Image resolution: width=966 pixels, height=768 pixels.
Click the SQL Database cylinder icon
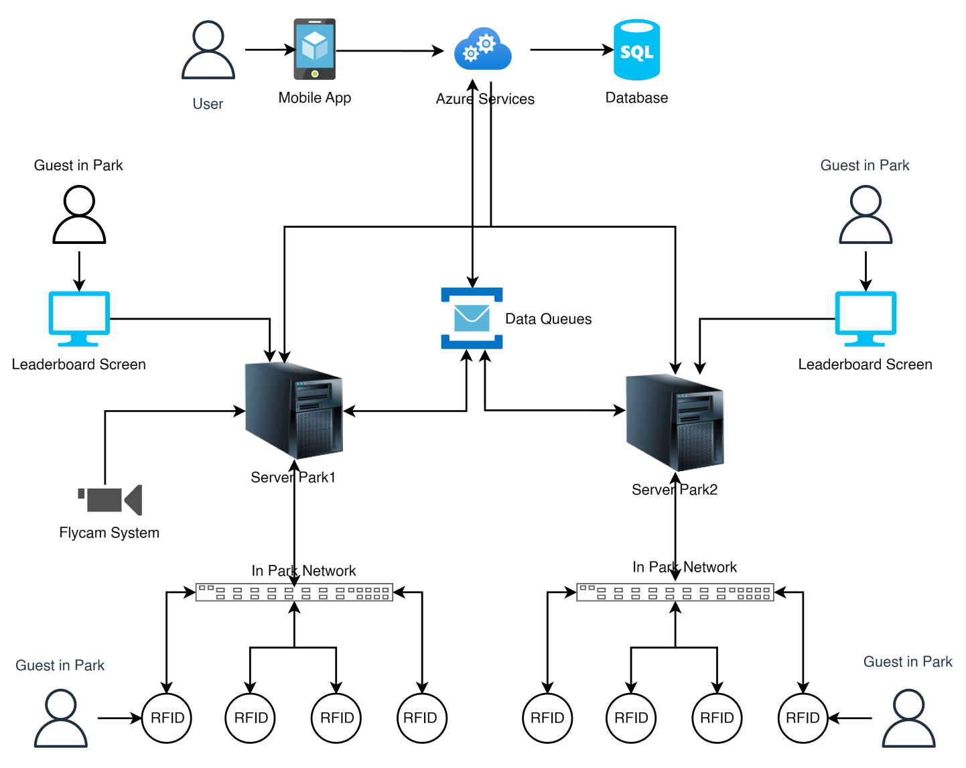[636, 50]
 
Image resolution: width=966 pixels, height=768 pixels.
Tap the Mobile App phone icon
[314, 49]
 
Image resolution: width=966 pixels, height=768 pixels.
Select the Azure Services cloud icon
[483, 49]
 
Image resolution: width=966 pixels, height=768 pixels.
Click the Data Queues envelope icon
[472, 318]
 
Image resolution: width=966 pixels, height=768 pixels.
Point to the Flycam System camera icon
[111, 500]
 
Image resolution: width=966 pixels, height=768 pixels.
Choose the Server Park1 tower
[294, 410]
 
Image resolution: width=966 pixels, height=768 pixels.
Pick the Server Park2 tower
[675, 423]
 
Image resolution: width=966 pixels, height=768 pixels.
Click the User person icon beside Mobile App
[208, 50]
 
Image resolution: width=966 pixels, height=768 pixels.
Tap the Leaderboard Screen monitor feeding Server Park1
[79, 318]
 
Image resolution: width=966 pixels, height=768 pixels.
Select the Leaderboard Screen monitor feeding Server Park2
[866, 318]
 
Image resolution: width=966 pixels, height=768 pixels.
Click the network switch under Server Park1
[294, 592]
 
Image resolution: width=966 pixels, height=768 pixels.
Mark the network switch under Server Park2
[675, 592]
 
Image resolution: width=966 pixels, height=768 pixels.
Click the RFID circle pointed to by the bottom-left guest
[167, 718]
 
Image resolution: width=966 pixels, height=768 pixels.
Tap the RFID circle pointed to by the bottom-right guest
[803, 718]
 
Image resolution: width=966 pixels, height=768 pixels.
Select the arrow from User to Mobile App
[269, 50]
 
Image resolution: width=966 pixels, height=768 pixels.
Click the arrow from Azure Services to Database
[571, 50]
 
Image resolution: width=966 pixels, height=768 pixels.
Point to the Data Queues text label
[548, 319]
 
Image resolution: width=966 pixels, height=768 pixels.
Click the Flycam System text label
[109, 533]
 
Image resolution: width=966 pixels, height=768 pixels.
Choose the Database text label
[636, 98]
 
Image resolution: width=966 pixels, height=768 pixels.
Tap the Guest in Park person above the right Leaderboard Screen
[866, 214]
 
